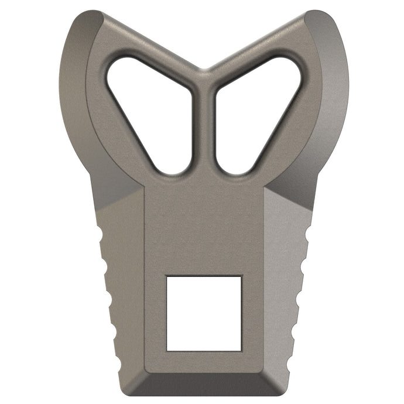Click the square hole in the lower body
click(204, 313)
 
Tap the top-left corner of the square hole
click(167, 276)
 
